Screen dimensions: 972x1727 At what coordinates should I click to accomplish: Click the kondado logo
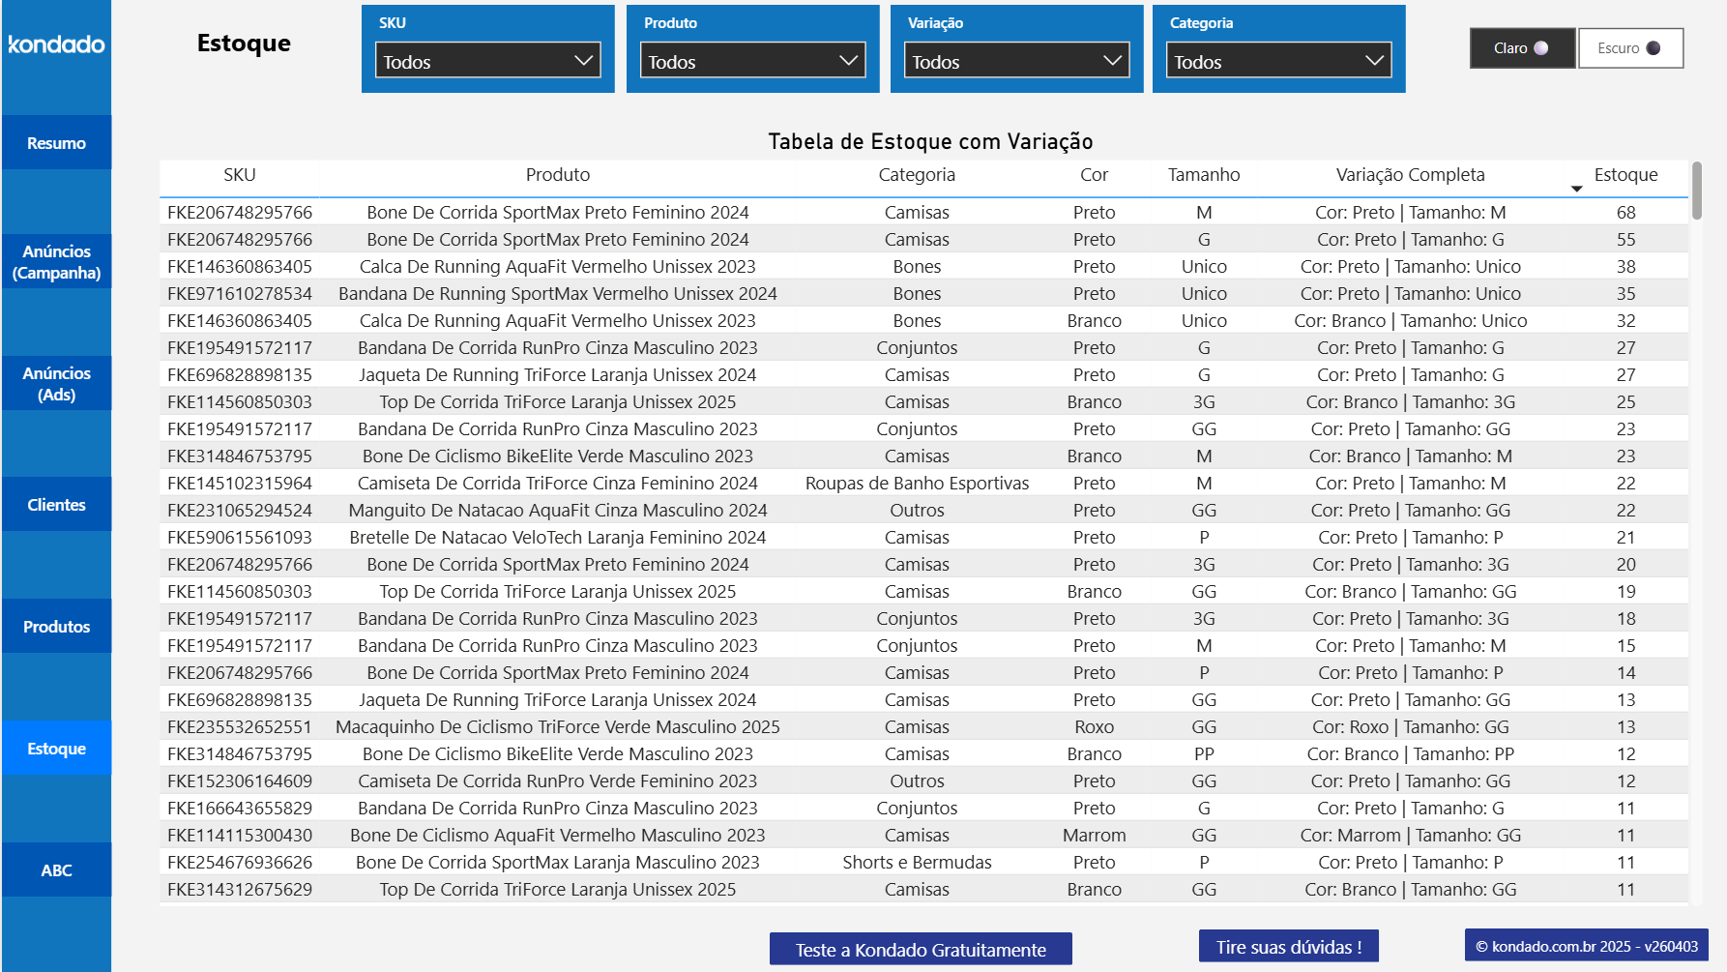(x=56, y=44)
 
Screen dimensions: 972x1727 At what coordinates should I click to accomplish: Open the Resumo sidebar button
(x=56, y=143)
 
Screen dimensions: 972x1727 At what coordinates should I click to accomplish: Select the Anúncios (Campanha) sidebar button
(x=56, y=262)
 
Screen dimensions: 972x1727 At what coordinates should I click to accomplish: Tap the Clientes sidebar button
(x=56, y=505)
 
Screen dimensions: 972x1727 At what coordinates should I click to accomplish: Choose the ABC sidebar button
(x=56, y=870)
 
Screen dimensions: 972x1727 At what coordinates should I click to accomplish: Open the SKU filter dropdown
(x=487, y=61)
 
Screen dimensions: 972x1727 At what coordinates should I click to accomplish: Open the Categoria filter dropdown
(x=1278, y=61)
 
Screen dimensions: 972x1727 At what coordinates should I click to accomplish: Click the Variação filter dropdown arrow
(x=1112, y=61)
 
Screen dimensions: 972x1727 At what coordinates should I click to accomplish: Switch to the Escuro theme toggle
(x=1630, y=48)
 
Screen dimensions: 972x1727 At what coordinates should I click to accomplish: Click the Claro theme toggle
(x=1521, y=48)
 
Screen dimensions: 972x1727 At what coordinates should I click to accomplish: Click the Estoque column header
(x=1625, y=175)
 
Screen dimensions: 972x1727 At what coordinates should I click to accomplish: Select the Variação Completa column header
(x=1410, y=175)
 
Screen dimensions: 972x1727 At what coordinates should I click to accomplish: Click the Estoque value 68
(x=1625, y=213)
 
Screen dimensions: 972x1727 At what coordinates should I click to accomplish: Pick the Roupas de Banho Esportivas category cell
(x=917, y=484)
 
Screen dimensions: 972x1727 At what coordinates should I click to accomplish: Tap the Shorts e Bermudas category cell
(x=917, y=863)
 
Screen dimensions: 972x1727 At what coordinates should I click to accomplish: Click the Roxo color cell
(x=1094, y=727)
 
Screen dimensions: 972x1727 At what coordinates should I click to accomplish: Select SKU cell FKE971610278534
(x=240, y=294)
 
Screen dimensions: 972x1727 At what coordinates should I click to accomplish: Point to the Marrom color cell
(x=1094, y=836)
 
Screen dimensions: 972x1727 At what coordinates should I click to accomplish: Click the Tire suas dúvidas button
(x=1288, y=947)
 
